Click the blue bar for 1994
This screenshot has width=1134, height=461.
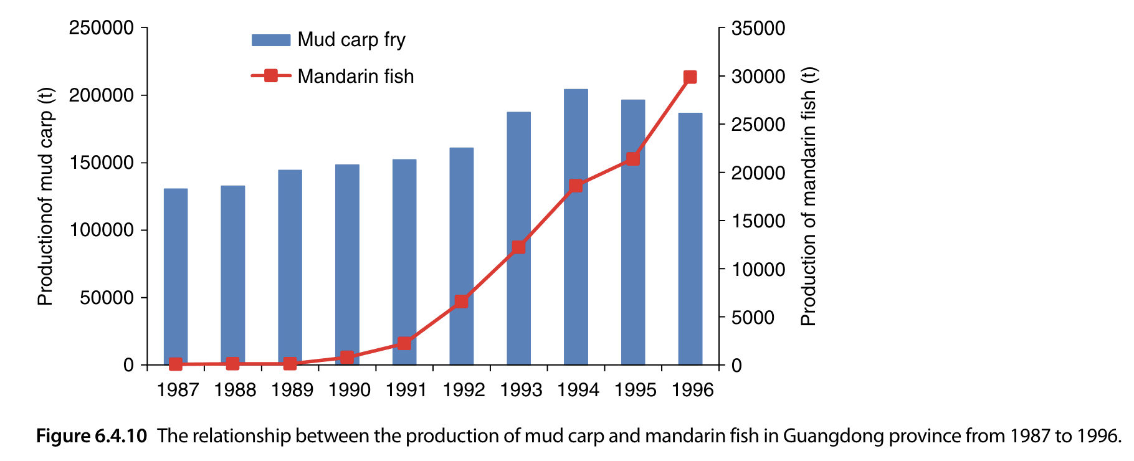576,227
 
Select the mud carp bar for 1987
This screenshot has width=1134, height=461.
176,277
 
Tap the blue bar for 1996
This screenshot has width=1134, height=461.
690,239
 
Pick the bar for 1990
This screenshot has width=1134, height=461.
347,265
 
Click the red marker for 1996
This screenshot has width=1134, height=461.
690,77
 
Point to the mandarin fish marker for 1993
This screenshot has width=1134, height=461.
518,247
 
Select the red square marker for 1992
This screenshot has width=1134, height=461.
461,302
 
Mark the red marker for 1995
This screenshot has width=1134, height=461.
632,158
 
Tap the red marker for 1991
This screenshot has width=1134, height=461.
404,343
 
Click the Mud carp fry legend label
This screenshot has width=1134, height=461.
351,40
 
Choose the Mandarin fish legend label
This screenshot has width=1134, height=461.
355,77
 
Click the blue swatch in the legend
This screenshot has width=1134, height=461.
271,40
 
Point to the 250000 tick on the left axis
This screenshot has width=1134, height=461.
102,28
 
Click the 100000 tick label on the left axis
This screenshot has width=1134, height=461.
102,230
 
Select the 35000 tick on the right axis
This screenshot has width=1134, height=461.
758,28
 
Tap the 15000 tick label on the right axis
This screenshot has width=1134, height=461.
758,221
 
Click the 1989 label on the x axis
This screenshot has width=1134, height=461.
292,390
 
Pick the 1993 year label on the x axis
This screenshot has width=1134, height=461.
521,390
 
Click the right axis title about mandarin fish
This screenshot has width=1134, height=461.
808,196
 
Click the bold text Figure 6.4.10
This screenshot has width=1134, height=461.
92,436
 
